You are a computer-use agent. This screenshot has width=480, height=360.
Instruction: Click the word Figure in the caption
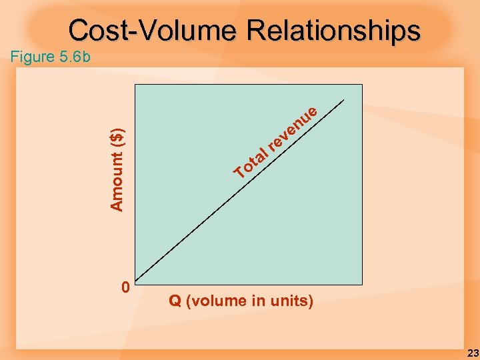click(x=33, y=57)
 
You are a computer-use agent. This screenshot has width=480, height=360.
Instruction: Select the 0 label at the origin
click(x=125, y=287)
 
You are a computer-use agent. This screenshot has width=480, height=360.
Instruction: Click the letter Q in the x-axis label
click(x=175, y=301)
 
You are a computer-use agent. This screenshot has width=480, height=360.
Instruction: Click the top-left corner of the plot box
click(x=135, y=85)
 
